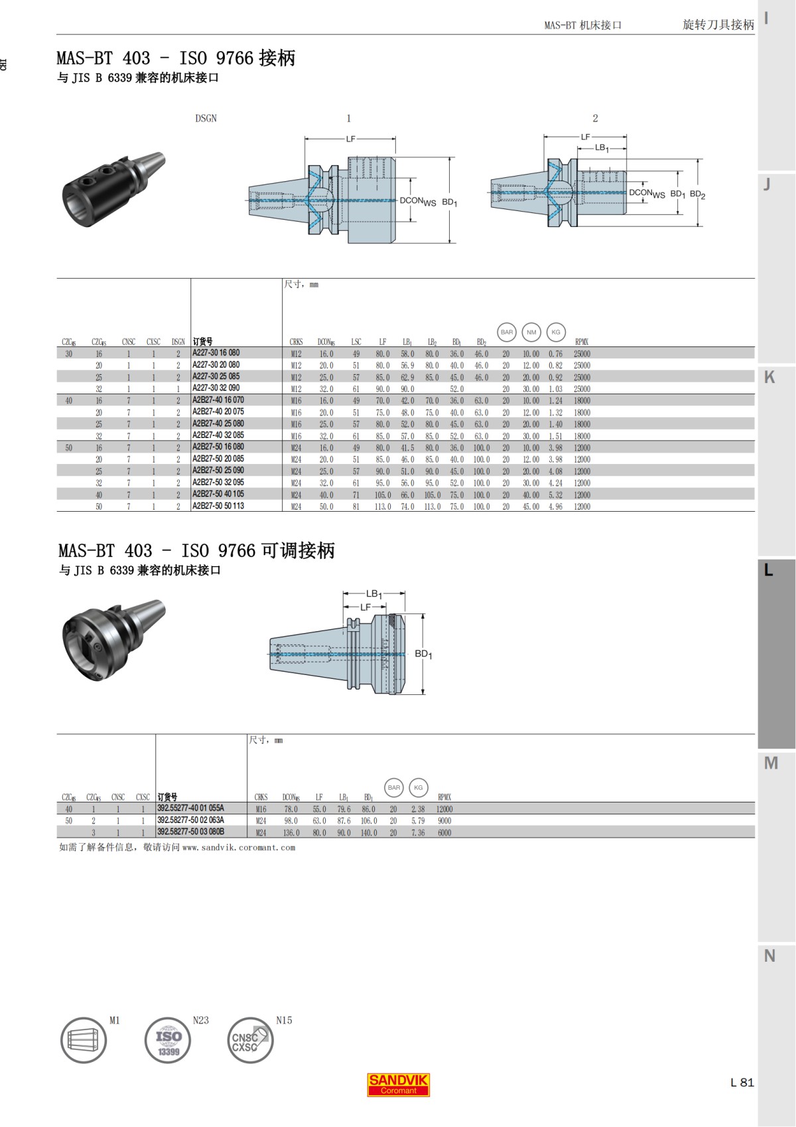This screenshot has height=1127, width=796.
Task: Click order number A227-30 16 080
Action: coord(216,353)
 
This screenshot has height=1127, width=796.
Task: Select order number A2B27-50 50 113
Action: coord(218,506)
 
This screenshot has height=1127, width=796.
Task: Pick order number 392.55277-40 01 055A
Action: coord(191,808)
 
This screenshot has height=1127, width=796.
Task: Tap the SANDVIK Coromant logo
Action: coord(399,1084)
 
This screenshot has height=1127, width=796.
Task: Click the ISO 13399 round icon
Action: coord(168,1040)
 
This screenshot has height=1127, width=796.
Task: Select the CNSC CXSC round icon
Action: coord(250,1040)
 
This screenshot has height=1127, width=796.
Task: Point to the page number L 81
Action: coord(742,1082)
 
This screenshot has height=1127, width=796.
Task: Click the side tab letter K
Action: coord(769,377)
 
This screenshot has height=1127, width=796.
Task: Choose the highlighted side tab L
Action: coord(769,569)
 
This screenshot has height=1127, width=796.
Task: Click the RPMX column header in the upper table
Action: coord(582,342)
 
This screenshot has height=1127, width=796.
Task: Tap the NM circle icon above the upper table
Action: coord(531,332)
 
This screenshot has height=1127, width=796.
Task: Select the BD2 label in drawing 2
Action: coord(697,194)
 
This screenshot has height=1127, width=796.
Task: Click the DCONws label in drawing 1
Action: coord(417,201)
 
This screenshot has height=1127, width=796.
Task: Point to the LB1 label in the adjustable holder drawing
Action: coord(374,594)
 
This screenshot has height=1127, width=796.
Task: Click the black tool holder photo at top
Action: coord(113,188)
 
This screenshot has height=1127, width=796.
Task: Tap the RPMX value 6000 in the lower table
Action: coord(444,832)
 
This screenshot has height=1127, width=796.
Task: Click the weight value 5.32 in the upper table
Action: coord(555,494)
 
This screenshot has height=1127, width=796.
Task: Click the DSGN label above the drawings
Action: coord(206,118)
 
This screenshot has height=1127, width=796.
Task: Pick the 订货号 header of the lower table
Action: coord(167,797)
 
